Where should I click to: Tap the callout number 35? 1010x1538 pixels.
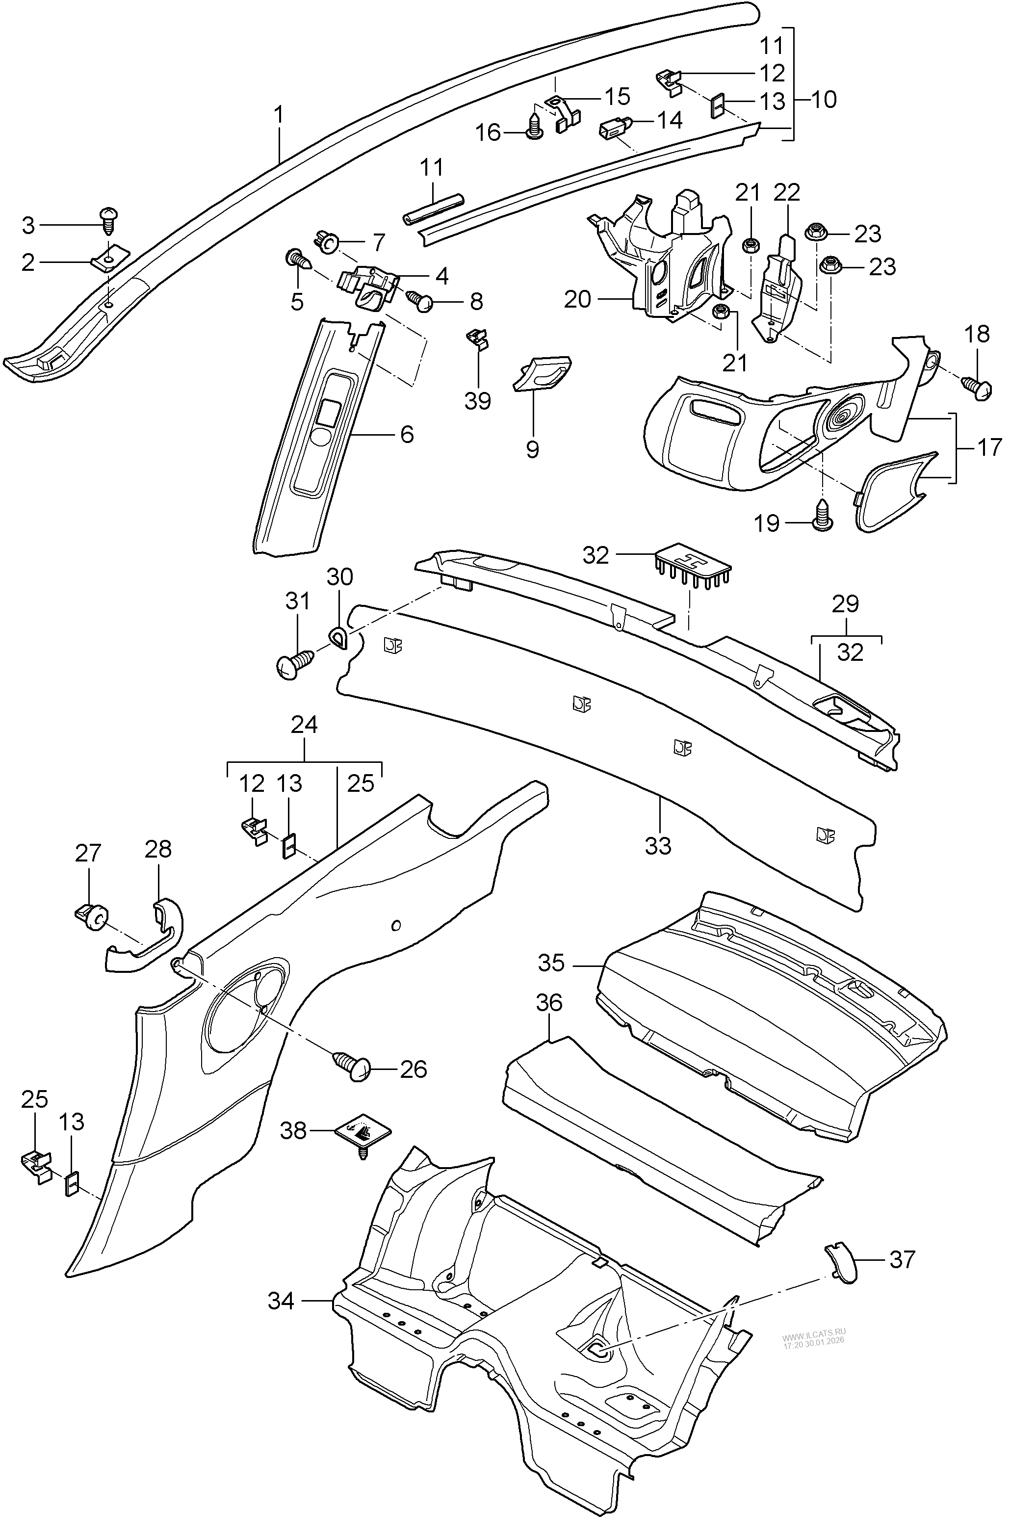point(551,963)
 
